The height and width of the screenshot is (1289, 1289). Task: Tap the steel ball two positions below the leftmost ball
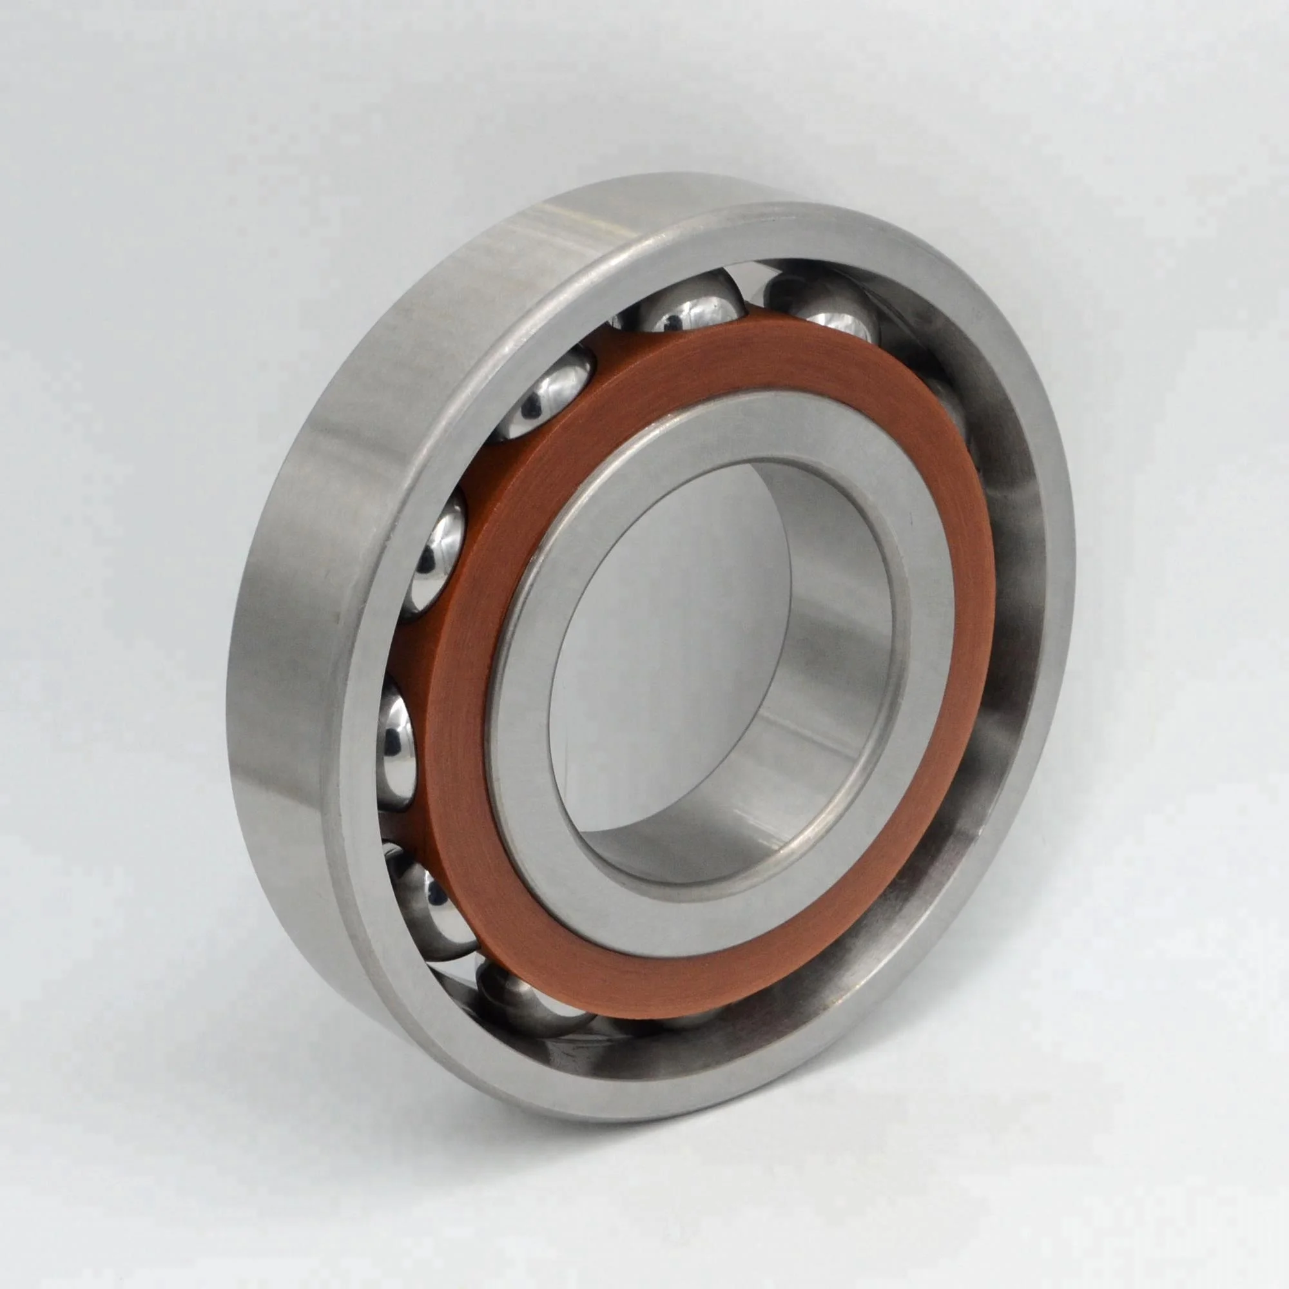[x=527, y=1001]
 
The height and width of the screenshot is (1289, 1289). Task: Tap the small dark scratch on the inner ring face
[x=908, y=514]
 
